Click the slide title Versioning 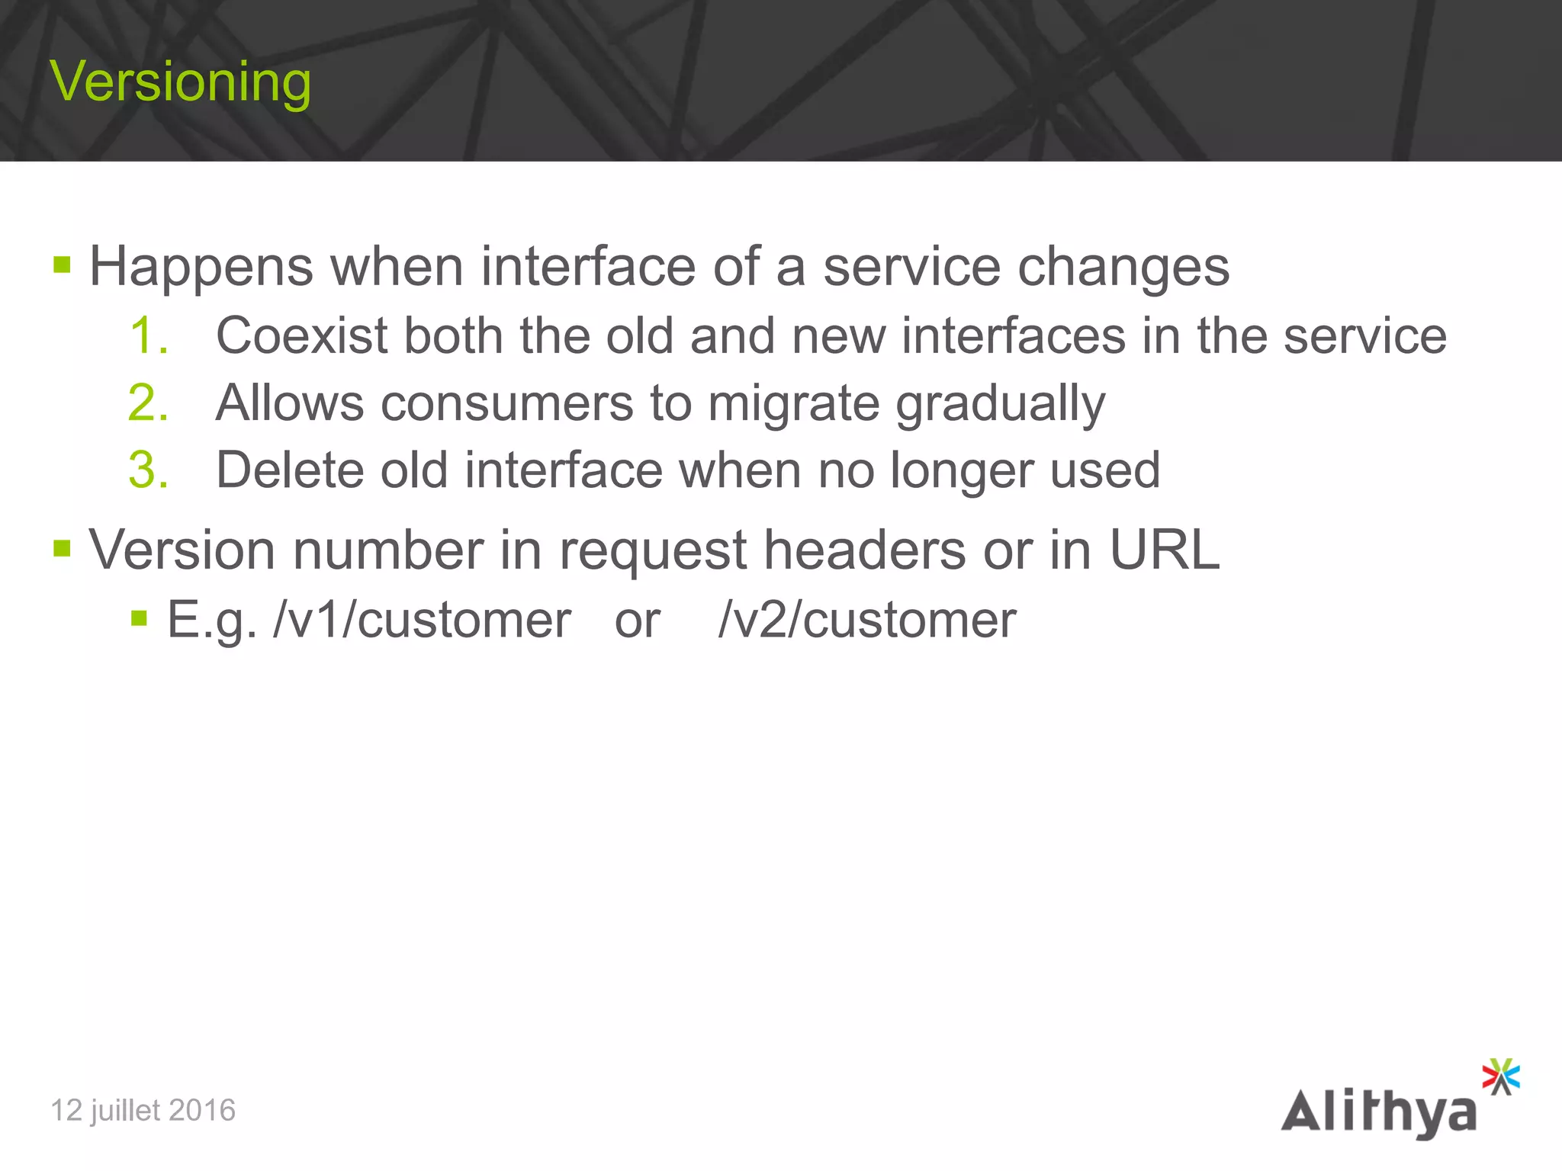pos(180,82)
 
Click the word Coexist pos(301,335)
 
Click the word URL pos(1164,549)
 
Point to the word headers pos(864,549)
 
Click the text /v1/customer pos(422,620)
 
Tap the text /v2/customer pos(867,620)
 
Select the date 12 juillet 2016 pos(143,1111)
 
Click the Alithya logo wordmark pos(1378,1112)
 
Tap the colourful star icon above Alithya pos(1500,1076)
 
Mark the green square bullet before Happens pos(62,265)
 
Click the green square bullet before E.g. pos(139,617)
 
